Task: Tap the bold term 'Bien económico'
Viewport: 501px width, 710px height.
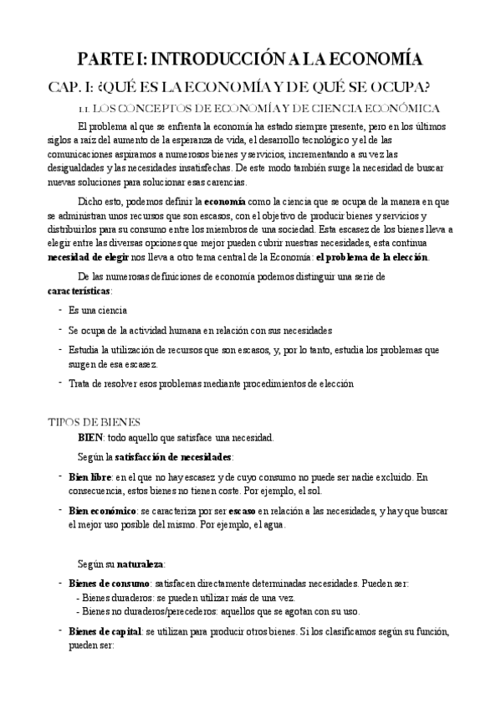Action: click(x=103, y=510)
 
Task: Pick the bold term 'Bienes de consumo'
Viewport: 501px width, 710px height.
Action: click(x=109, y=583)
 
